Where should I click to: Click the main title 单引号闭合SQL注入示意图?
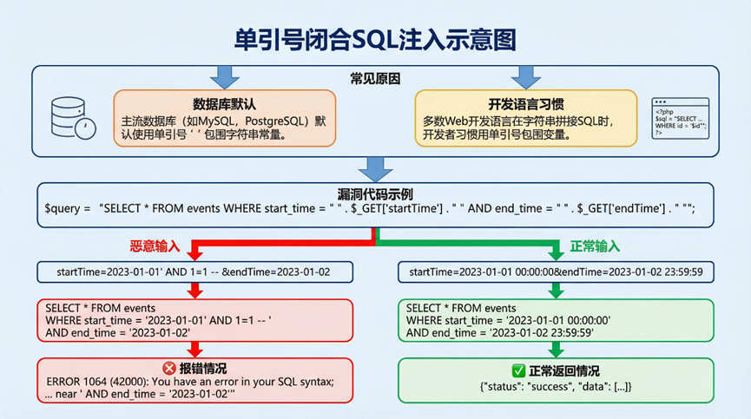375,38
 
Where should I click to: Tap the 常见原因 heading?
375,79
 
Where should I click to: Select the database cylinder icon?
69,118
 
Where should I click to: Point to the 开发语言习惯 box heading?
526,101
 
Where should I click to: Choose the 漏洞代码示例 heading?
375,193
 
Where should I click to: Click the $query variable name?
65,209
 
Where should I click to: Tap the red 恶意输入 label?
156,246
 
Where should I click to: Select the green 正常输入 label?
596,246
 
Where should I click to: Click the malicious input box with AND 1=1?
194,272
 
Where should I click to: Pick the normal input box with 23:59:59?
556,272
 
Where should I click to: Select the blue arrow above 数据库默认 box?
225,76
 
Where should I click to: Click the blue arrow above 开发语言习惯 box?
525,76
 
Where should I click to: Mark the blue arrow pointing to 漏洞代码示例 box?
375,168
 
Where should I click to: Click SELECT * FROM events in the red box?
99,308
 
